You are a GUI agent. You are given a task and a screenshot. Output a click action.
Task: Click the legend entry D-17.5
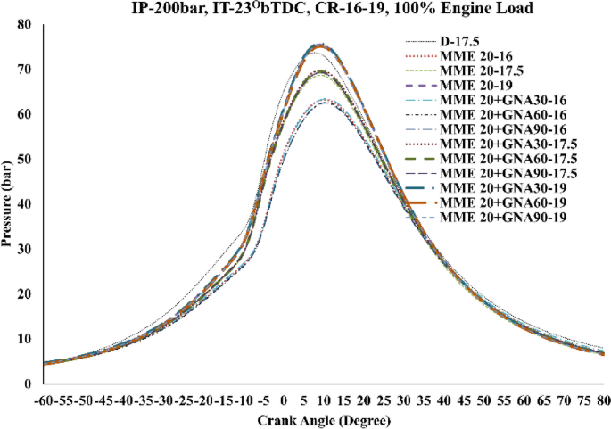[460, 41]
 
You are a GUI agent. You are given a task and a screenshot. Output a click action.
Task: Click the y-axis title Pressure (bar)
[9, 203]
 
